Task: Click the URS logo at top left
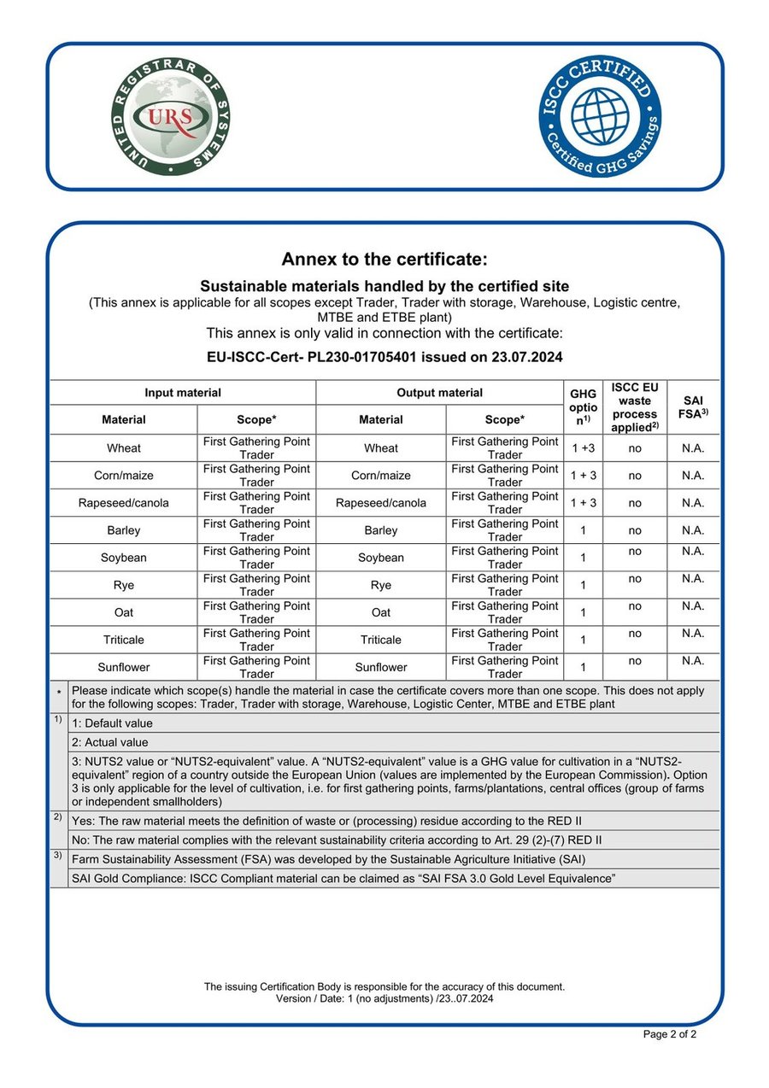pos(172,117)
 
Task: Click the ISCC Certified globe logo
pos(600,117)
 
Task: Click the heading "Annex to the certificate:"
pos(384,260)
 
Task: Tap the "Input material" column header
pos(183,393)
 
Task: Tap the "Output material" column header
pos(439,393)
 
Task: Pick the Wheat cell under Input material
pos(124,448)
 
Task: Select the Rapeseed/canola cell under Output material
pos(381,503)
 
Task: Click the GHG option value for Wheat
pos(583,448)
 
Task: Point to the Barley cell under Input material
pos(124,530)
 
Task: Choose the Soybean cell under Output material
pos(381,558)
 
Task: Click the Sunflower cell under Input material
pos(124,667)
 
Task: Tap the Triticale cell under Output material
pos(381,640)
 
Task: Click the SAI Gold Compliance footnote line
pos(343,879)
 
